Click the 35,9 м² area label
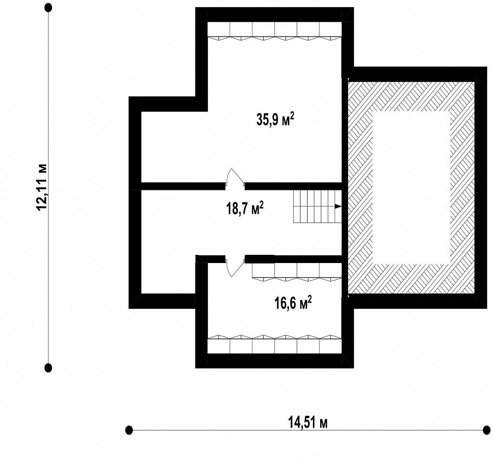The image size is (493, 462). click(x=275, y=119)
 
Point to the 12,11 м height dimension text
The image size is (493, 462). click(x=41, y=187)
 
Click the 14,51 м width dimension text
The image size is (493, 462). click(x=308, y=422)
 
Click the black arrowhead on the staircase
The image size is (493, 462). click(x=338, y=207)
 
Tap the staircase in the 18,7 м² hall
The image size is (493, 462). click(x=318, y=207)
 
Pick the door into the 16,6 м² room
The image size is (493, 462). click(x=235, y=266)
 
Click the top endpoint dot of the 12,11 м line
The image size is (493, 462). click(x=48, y=8)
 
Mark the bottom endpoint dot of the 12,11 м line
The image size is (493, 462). click(x=48, y=367)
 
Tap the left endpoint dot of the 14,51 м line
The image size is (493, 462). click(x=129, y=430)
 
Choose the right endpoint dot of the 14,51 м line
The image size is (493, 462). click(x=486, y=430)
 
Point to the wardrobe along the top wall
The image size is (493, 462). click(x=275, y=31)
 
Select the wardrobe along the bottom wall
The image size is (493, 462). click(x=275, y=344)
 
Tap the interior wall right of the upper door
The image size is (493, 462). click(x=293, y=186)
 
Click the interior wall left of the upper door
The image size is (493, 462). click(x=183, y=186)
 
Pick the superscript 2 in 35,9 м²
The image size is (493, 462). click(x=292, y=116)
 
